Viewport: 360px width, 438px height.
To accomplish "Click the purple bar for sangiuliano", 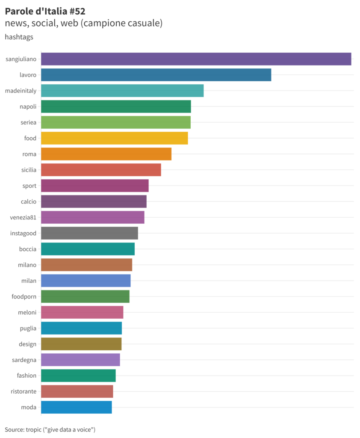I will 196,59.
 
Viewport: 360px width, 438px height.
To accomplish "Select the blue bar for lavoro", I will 156,75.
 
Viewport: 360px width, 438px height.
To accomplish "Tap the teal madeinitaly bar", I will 122,91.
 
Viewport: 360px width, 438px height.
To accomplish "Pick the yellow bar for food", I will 114,138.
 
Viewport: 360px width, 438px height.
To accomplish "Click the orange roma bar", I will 106,154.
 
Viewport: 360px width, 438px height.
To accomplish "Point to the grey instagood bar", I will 89,233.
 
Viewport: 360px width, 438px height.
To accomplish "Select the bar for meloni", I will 82,312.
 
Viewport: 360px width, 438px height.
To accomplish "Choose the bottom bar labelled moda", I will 76,407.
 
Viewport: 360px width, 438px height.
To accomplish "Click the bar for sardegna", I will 80,360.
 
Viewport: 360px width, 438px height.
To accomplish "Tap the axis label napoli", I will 28,107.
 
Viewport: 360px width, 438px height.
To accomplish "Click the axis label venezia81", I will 23,217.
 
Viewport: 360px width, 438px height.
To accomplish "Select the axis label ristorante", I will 24,391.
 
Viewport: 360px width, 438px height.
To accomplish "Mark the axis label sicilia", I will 29,170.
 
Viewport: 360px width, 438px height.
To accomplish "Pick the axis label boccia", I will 28,249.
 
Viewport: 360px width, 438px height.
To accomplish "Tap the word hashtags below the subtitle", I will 19,37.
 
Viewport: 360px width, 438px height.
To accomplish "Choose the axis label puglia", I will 28,328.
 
